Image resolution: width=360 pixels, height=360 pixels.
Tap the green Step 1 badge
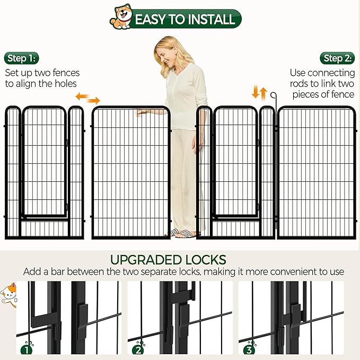[x=22, y=58]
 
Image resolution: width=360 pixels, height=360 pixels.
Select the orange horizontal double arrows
[x=87, y=98]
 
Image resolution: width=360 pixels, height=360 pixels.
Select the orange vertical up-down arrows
[x=259, y=93]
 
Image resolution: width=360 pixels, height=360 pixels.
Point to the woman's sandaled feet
[x=183, y=233]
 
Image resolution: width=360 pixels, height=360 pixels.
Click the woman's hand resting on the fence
[x=141, y=112]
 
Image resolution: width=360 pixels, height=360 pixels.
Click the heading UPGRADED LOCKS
[x=168, y=260]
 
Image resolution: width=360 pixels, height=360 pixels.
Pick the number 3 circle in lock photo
[x=248, y=349]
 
